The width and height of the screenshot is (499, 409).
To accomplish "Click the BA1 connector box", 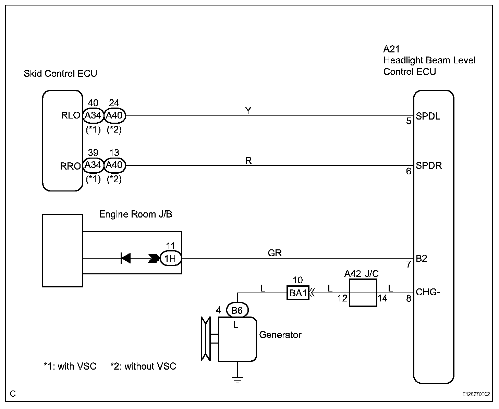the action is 298,293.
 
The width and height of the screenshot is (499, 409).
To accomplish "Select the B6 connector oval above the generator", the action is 237,310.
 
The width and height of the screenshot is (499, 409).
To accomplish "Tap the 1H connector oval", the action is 171,258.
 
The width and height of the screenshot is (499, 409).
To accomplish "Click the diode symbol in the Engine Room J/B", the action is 126,258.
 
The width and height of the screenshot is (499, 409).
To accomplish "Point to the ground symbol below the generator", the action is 237,380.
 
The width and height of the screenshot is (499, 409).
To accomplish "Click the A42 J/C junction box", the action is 363,293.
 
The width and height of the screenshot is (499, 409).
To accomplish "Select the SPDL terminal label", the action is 428,116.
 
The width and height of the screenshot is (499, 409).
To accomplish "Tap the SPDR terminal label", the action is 429,165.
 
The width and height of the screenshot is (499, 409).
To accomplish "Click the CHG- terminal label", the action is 428,292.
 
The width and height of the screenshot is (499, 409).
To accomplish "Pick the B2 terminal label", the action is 422,259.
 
